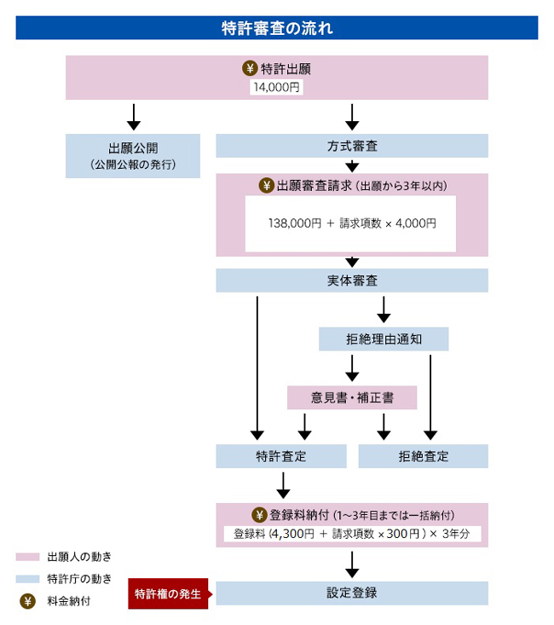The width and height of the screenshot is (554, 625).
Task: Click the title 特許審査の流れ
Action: pos(276,27)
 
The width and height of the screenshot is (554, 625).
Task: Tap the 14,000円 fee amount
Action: pos(277,87)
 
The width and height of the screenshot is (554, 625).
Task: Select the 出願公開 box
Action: pos(133,155)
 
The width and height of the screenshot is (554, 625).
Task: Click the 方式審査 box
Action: pos(351,146)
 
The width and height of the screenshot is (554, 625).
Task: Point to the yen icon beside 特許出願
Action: pos(250,69)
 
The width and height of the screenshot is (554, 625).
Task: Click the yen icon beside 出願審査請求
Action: pos(266,186)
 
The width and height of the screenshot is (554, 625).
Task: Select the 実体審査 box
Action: pos(351,281)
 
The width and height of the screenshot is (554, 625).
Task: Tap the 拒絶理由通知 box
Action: pos(384,339)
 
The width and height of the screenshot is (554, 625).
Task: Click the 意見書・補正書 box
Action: pos(351,397)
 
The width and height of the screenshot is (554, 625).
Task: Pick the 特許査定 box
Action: pos(280,456)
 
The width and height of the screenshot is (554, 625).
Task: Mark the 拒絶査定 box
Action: pos(423,456)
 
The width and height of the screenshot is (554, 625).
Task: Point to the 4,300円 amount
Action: pos(297,535)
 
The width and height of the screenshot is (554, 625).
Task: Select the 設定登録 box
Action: pos(351,593)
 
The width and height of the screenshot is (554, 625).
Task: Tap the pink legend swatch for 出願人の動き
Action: pos(27,557)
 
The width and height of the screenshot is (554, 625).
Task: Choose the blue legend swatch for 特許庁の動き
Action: pos(27,579)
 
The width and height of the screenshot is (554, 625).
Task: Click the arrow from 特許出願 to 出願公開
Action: pos(133,115)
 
